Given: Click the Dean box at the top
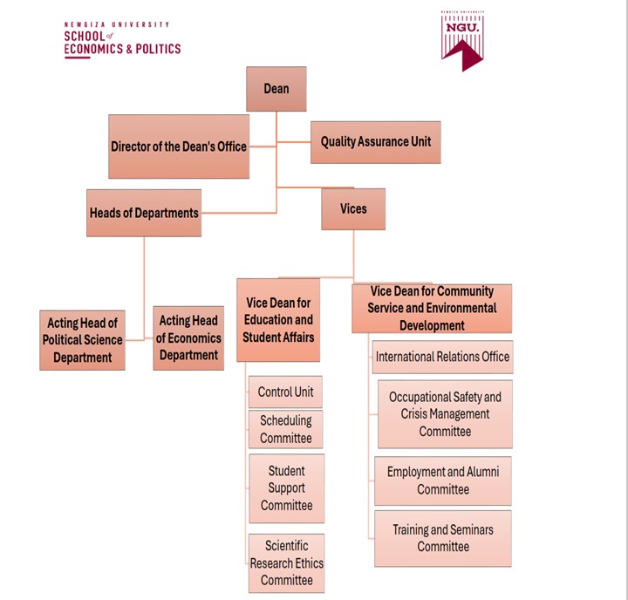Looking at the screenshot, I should pyautogui.click(x=276, y=89).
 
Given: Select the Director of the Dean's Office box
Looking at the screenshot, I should pyautogui.click(x=179, y=147).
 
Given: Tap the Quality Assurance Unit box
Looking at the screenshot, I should pyautogui.click(x=375, y=141).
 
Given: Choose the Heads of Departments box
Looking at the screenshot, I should pyautogui.click(x=144, y=213).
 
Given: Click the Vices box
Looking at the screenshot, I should pyautogui.click(x=353, y=209).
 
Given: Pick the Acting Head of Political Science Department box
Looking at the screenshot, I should pyautogui.click(x=82, y=340).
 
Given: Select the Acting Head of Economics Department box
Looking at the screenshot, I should pyautogui.click(x=188, y=338).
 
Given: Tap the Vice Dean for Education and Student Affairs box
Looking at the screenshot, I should pyautogui.click(x=278, y=320).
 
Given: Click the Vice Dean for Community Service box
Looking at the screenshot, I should pyautogui.click(x=432, y=309).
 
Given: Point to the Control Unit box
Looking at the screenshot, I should pyautogui.click(x=285, y=392).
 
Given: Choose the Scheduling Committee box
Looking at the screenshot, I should pyautogui.click(x=285, y=429).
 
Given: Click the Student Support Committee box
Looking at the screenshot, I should pyautogui.click(x=286, y=488).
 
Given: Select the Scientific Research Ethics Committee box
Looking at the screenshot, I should pyautogui.click(x=286, y=563).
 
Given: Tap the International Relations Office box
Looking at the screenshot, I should pyautogui.click(x=442, y=357).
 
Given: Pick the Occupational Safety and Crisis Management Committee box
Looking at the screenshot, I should pyautogui.click(x=445, y=414).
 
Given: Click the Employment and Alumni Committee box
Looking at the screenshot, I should pyautogui.click(x=443, y=481).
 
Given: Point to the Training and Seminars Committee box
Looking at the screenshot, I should pyautogui.click(x=443, y=538).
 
